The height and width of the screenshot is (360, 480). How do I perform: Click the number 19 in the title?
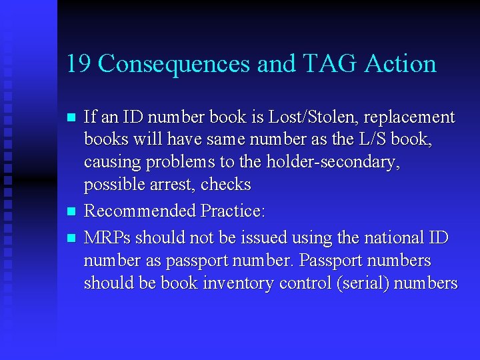pos(79,64)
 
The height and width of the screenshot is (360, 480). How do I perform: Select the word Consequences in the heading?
pos(175,64)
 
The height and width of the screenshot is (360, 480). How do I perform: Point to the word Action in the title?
pos(401,64)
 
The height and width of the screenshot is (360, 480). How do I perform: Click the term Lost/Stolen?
pos(308,117)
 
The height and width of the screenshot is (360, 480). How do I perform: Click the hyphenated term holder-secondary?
pos(333,162)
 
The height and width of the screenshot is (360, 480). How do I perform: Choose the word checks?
pos(226,185)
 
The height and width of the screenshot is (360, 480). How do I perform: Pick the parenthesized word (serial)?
pos(363,283)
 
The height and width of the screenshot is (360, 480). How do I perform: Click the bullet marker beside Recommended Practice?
pos(72,211)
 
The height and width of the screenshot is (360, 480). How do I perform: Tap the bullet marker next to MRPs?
pos(72,238)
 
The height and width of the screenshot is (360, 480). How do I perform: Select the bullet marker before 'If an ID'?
pos(72,117)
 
